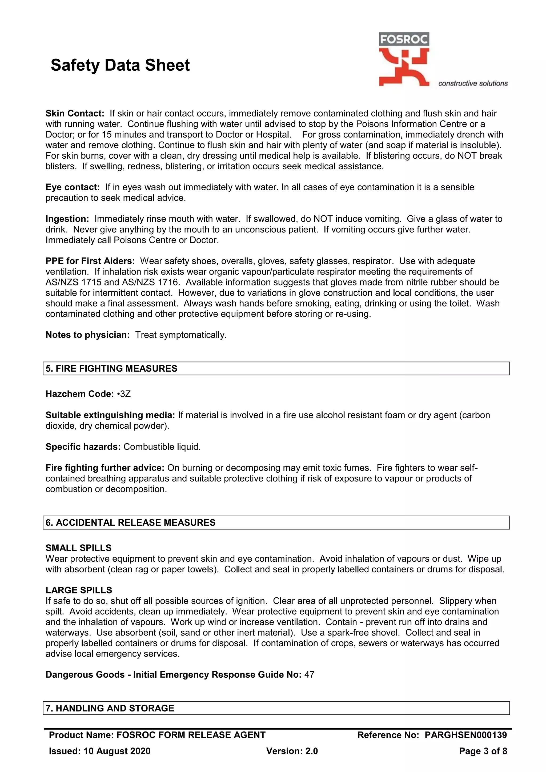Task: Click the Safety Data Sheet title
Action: tap(120, 65)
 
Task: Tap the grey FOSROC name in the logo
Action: tap(404, 40)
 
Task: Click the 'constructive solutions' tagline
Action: tap(473, 83)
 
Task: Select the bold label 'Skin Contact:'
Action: tap(75, 113)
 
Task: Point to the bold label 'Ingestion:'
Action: tap(67, 219)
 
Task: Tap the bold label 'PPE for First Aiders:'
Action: tap(90, 261)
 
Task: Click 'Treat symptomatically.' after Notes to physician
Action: tap(181, 335)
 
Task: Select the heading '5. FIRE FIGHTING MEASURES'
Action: tap(111, 368)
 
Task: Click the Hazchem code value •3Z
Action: tap(124, 394)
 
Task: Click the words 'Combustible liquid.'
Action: tap(162, 447)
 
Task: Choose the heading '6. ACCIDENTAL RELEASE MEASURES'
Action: tap(130, 522)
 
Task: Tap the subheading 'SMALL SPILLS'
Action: tap(78, 548)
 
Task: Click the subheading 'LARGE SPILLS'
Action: tap(79, 590)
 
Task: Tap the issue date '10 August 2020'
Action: tap(117, 751)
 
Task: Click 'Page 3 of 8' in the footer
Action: tap(483, 751)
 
